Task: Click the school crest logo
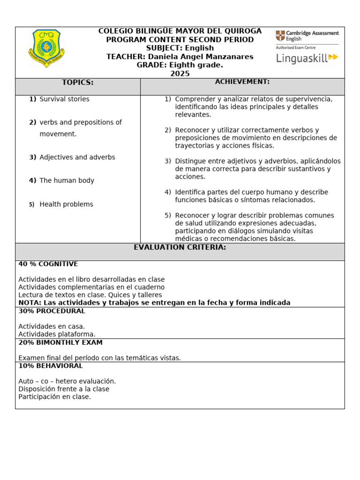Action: (x=46, y=49)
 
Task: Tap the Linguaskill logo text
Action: (x=301, y=58)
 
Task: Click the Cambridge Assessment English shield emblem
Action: (x=280, y=36)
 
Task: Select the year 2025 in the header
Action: (x=180, y=74)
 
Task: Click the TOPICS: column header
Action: (x=78, y=82)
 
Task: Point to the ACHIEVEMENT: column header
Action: (x=242, y=82)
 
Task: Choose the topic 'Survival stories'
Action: (x=64, y=99)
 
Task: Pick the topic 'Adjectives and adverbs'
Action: (x=77, y=157)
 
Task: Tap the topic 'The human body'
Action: (x=67, y=180)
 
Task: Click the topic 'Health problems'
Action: (x=66, y=204)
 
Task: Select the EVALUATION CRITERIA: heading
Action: (x=180, y=247)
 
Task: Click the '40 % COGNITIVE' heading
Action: (x=48, y=264)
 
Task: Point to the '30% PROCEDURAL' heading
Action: (x=52, y=311)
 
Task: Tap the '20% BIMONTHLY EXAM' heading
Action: (x=60, y=342)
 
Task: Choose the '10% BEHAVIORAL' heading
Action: (x=51, y=366)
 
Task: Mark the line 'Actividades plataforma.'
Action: (x=57, y=334)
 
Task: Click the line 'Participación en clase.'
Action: (x=54, y=397)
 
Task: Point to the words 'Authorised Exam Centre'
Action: (x=296, y=48)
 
